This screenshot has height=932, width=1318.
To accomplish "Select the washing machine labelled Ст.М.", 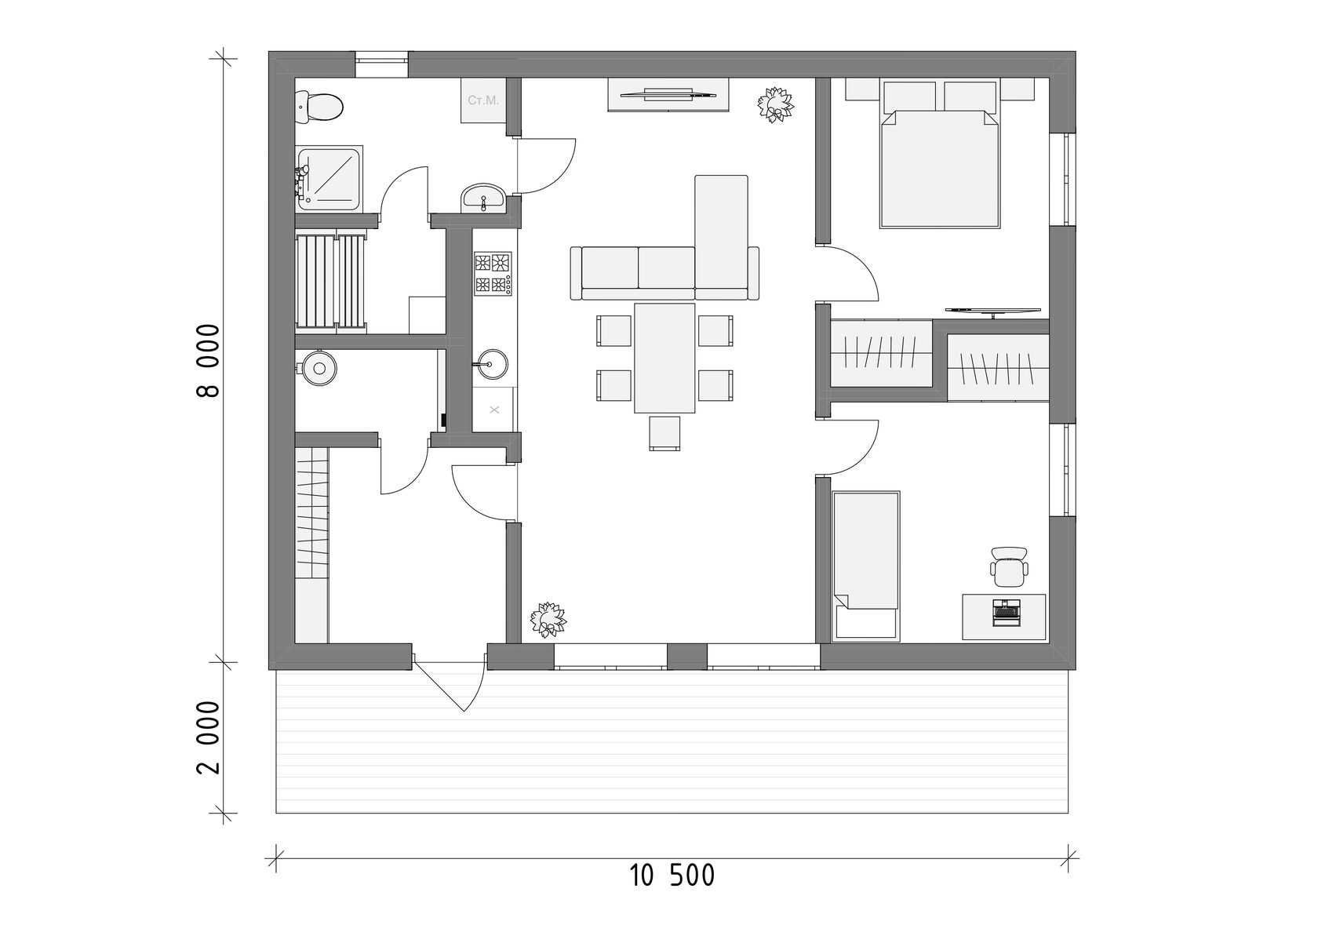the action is [x=483, y=100].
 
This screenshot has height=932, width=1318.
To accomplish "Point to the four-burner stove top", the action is [x=493, y=274].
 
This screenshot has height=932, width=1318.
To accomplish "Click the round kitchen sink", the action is [x=492, y=364].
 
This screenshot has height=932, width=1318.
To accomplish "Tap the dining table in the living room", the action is [x=664, y=358].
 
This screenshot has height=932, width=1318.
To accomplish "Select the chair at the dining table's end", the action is [x=665, y=433].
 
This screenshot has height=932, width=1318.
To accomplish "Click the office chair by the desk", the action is [x=1009, y=566].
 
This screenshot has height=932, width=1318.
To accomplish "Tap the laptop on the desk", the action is [x=1006, y=612].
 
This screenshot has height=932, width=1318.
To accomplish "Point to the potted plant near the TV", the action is [x=775, y=105].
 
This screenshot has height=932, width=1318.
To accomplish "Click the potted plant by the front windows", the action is [x=548, y=620].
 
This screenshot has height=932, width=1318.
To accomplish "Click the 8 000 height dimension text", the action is [x=208, y=360].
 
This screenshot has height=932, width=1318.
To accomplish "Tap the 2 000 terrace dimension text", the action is [x=208, y=737].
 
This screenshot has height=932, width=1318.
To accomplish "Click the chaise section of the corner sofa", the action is [x=722, y=232].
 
